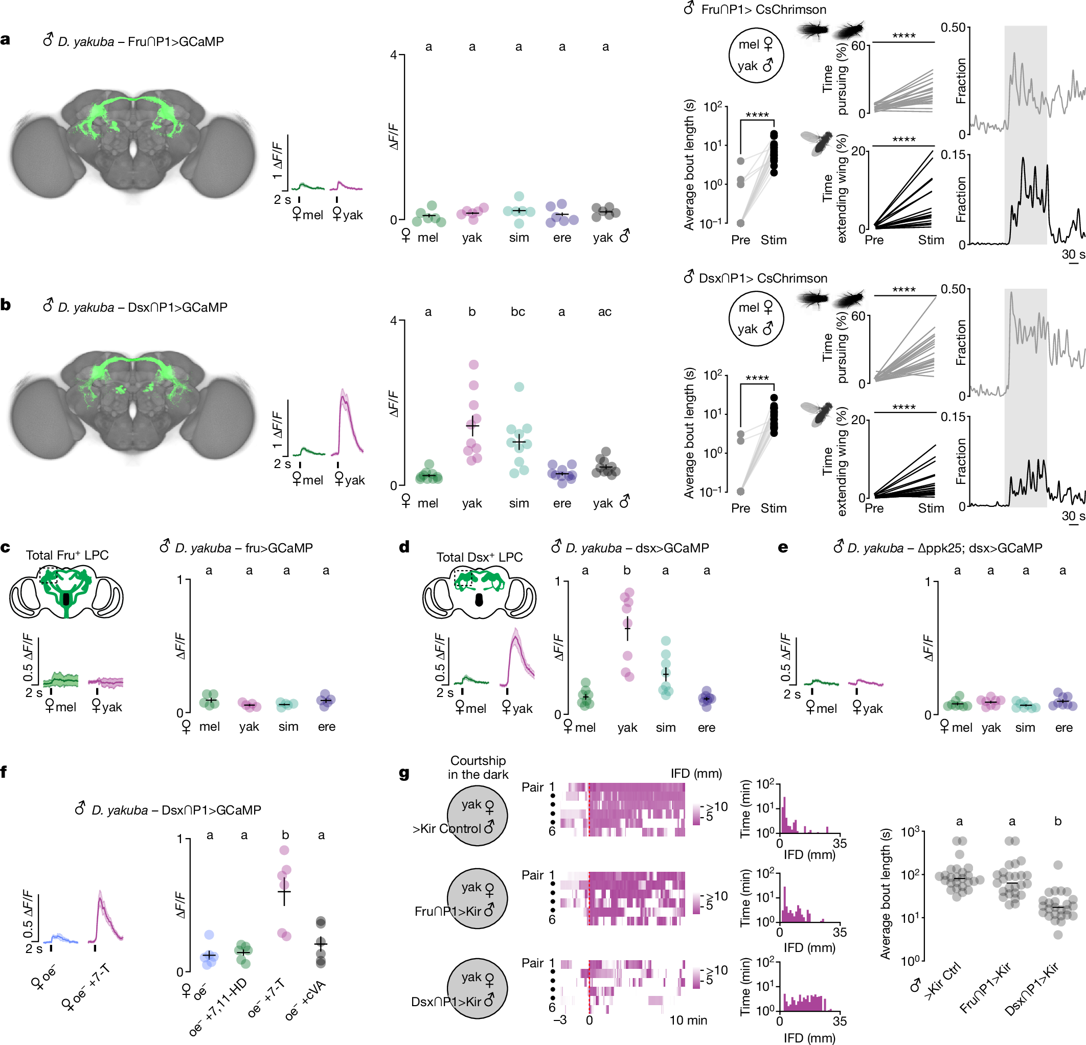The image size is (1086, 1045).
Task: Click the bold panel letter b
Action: point(6,305)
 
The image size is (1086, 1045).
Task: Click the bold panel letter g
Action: point(404,773)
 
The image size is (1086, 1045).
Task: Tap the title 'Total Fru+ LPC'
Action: point(67,555)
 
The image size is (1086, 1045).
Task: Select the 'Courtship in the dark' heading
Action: point(478,767)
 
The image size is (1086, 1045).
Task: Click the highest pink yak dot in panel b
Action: point(473,364)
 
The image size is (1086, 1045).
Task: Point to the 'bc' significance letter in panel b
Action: point(517,312)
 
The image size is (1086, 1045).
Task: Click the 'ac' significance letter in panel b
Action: point(604,312)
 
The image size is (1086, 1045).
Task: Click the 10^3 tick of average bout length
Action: point(910,832)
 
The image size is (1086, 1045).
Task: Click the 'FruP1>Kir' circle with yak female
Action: point(477,898)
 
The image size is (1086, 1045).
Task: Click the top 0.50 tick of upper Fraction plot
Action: point(953,27)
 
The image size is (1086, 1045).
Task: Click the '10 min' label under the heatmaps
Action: point(688,1020)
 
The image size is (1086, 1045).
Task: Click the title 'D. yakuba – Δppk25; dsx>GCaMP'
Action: point(938,548)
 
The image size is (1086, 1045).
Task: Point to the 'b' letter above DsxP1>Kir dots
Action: point(1058,821)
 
